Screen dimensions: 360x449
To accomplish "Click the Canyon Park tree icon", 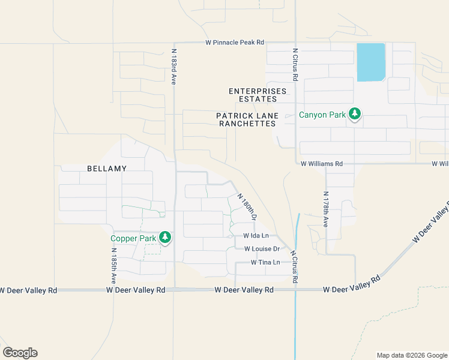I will pyautogui.click(x=355, y=113).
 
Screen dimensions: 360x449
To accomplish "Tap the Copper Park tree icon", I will pyautogui.click(x=164, y=238).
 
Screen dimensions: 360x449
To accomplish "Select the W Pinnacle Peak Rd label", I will pyautogui.click(x=235, y=43).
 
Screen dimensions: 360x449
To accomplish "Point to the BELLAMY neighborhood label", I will pyautogui.click(x=107, y=169).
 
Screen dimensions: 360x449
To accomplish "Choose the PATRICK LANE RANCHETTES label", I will pyautogui.click(x=247, y=119).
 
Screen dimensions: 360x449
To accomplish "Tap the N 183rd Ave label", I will pyautogui.click(x=173, y=67).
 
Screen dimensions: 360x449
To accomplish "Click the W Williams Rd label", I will pyautogui.click(x=322, y=163).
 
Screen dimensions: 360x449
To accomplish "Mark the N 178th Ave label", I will pyautogui.click(x=326, y=209).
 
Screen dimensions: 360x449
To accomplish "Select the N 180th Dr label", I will pyautogui.click(x=247, y=208).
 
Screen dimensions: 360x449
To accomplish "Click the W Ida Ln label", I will pyautogui.click(x=256, y=236).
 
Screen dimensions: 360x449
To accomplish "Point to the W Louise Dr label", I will pyautogui.click(x=262, y=248).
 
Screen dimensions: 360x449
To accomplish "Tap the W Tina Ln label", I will pyautogui.click(x=265, y=262).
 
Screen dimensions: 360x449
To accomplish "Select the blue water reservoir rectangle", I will pyautogui.click(x=371, y=62).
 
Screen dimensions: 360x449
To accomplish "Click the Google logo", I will pyautogui.click(x=20, y=353).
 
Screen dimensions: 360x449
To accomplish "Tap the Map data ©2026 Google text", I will pyautogui.click(x=411, y=355).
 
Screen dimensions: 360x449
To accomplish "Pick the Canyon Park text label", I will pyautogui.click(x=322, y=115).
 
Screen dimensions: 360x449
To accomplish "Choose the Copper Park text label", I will pyautogui.click(x=133, y=238).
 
